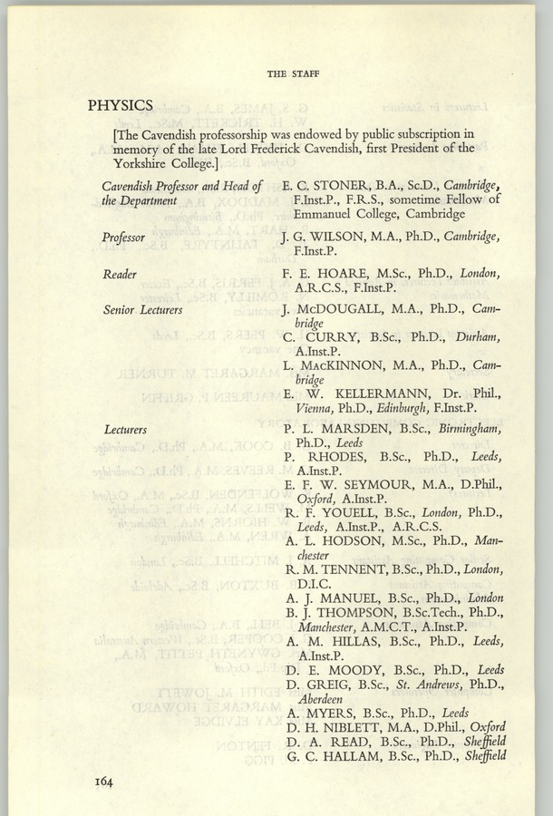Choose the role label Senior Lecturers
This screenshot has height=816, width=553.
(x=142, y=310)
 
